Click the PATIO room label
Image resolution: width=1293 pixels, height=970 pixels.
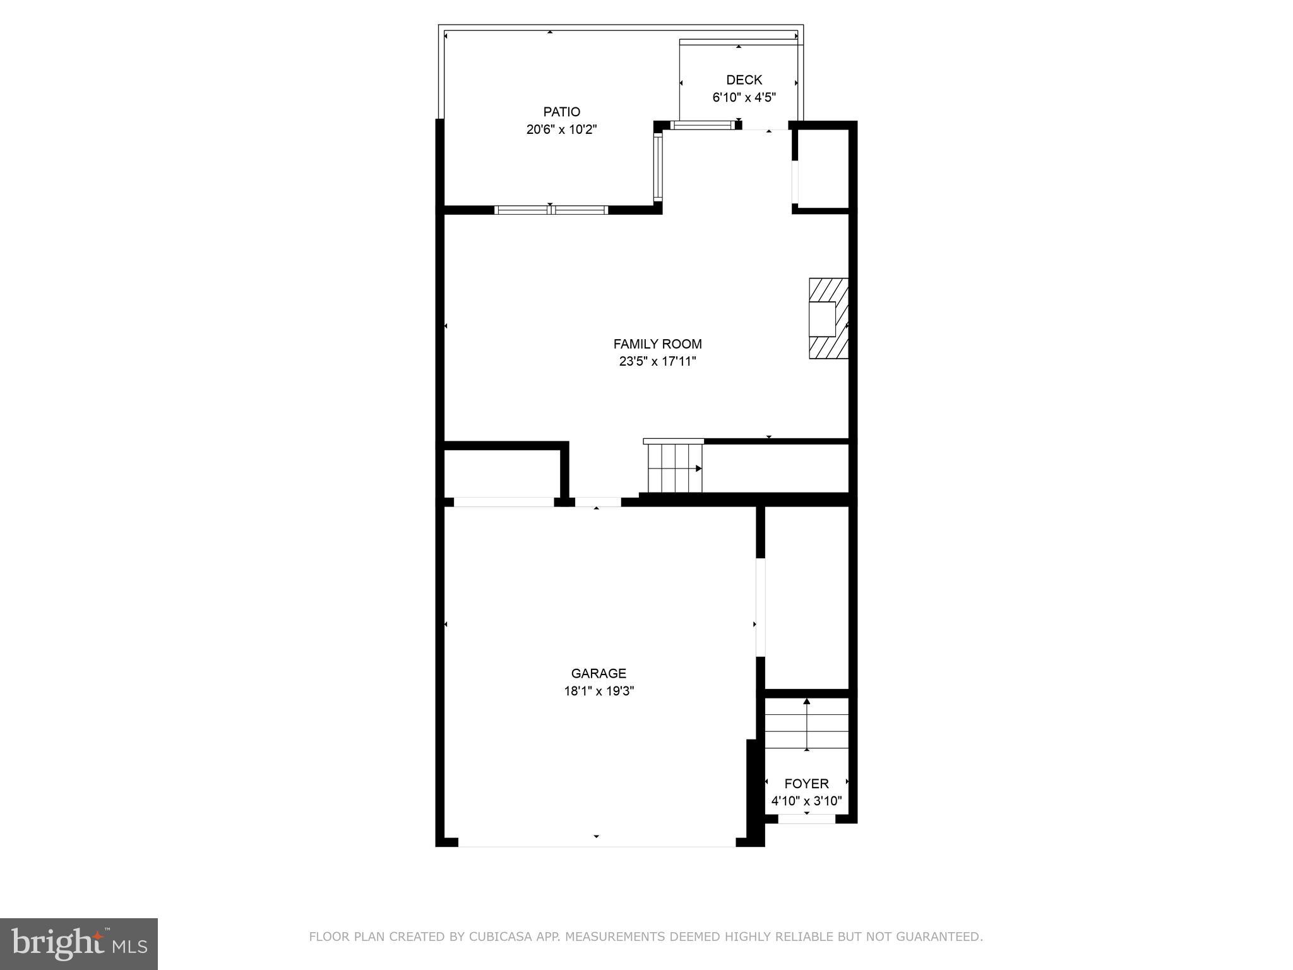561,112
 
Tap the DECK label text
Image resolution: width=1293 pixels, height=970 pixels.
744,80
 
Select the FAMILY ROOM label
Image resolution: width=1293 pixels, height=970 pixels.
657,344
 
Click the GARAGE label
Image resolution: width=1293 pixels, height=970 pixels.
599,673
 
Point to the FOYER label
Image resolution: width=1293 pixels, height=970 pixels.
806,784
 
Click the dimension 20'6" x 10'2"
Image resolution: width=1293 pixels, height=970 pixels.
561,130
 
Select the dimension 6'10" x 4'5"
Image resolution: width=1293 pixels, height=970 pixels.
744,97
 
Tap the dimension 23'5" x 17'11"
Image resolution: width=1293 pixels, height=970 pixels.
657,362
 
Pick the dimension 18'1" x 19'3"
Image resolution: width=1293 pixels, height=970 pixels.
599,691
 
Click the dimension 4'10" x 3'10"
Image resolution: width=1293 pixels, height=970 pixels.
806,801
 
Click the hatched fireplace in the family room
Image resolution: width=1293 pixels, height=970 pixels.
828,319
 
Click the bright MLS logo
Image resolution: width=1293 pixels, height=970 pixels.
79,943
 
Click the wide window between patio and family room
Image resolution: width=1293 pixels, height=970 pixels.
551,210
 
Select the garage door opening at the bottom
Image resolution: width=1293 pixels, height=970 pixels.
597,842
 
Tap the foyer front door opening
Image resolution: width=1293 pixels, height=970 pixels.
806,819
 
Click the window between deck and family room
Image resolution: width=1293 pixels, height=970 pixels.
703,125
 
